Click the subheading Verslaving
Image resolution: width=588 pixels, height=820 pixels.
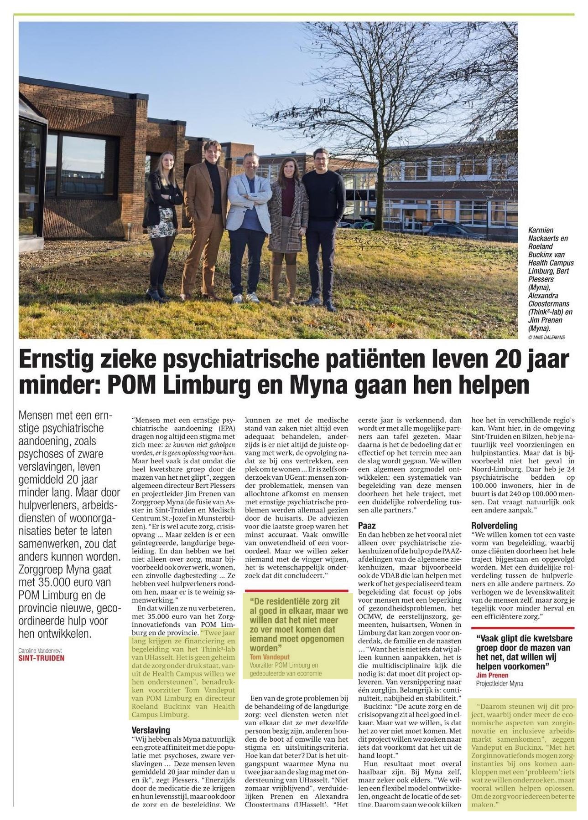coord(151,729)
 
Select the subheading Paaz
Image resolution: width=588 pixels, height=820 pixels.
coord(367,526)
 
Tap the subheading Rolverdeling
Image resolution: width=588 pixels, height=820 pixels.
coord(494,526)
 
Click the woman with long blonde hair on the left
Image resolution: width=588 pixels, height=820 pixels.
coord(161,219)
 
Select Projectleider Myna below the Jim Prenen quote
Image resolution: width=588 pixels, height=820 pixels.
coord(500,683)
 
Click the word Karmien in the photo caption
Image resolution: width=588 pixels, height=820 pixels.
coord(541,230)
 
